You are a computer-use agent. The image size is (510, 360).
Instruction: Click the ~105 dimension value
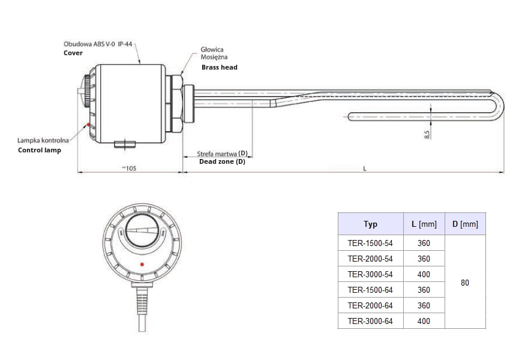click(x=128, y=169)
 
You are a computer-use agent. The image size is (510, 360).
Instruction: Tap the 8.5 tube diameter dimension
click(x=427, y=134)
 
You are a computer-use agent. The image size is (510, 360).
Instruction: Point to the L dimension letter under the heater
click(x=365, y=169)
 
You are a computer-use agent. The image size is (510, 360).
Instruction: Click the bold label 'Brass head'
click(x=219, y=68)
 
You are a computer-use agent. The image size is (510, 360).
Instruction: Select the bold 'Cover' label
click(x=73, y=53)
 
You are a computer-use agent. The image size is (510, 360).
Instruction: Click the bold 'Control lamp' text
click(x=40, y=150)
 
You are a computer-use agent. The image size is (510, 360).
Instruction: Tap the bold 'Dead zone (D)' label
click(x=222, y=161)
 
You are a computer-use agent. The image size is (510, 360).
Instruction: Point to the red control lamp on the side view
click(x=89, y=125)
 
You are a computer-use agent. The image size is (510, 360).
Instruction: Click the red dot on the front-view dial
click(x=142, y=264)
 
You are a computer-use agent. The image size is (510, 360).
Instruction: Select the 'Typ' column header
click(x=370, y=224)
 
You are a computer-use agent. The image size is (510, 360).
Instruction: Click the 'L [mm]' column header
click(x=424, y=224)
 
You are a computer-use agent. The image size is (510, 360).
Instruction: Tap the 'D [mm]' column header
click(x=465, y=224)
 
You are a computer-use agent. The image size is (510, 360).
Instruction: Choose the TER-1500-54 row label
click(x=370, y=243)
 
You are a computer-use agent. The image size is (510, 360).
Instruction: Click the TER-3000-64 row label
click(x=370, y=321)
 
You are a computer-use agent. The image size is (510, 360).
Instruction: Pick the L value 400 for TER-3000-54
click(x=424, y=274)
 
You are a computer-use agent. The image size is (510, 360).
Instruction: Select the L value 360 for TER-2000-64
click(x=424, y=305)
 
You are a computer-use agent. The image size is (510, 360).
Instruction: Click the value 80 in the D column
click(x=465, y=282)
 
